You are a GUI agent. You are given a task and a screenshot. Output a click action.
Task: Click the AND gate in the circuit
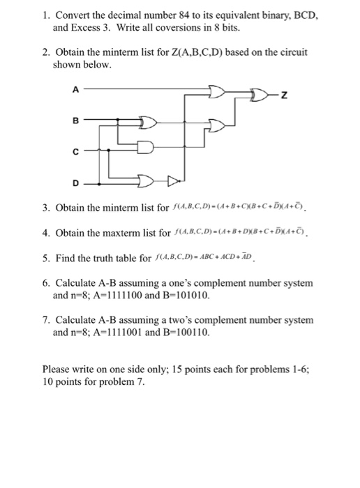tap(145, 148)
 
